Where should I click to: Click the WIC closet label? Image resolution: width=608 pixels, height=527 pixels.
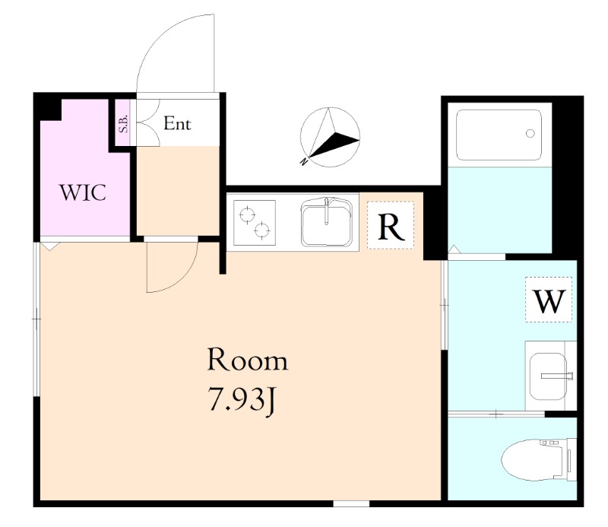pyautogui.click(x=83, y=192)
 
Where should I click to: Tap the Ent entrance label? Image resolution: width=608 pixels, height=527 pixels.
pyautogui.click(x=177, y=123)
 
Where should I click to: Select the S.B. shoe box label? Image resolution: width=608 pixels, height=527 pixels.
pyautogui.click(x=124, y=123)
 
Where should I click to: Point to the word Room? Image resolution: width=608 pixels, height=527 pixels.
pyautogui.click(x=248, y=360)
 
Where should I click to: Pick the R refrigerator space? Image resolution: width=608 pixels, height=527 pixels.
pyautogui.click(x=391, y=225)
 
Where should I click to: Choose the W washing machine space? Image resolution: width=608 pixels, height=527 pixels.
pyautogui.click(x=549, y=299)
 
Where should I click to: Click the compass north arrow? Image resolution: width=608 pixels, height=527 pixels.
pyautogui.click(x=331, y=138)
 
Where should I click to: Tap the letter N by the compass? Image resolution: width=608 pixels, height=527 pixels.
pyautogui.click(x=305, y=160)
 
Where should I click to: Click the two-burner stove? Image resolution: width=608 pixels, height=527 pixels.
pyautogui.click(x=255, y=223)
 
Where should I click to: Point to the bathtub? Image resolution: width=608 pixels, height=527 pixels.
pyautogui.click(x=499, y=135)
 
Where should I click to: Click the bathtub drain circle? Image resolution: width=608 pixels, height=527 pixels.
pyautogui.click(x=530, y=134)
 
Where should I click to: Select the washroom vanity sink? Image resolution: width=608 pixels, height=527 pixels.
pyautogui.click(x=549, y=376)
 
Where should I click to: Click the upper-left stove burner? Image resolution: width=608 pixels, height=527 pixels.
pyautogui.click(x=247, y=214)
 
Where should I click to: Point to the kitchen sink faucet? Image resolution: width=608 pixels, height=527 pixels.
pyautogui.click(x=327, y=211)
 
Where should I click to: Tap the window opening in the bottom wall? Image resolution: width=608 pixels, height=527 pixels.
pyautogui.click(x=351, y=503)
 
